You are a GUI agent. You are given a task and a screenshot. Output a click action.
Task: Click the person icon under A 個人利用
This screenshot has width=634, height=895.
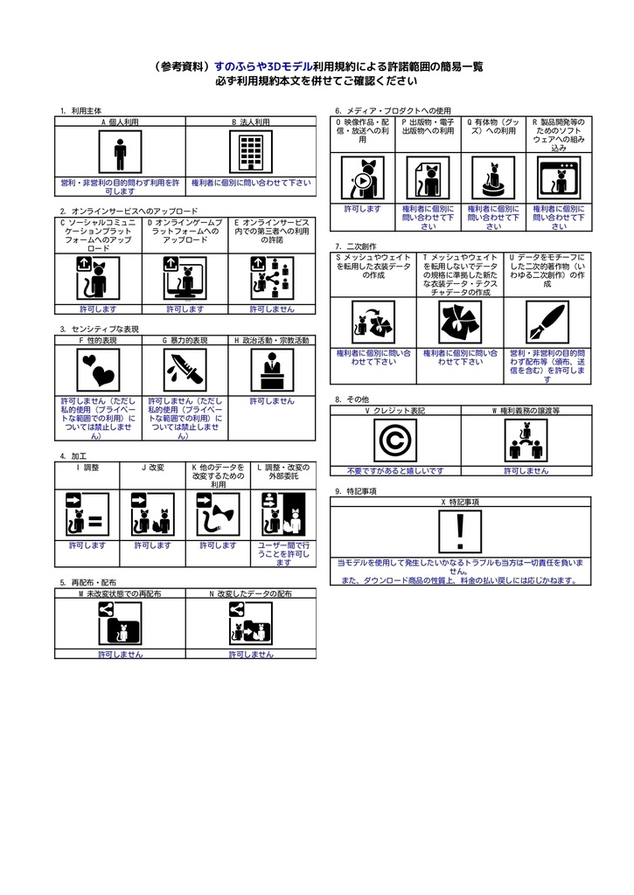tap(120, 154)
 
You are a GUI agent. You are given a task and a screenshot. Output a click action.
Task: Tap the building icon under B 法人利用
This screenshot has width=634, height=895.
tap(250, 154)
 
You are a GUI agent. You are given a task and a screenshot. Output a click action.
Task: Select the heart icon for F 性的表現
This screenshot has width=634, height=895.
tap(97, 371)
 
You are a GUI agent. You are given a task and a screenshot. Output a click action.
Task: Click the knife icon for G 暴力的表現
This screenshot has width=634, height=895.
tap(185, 371)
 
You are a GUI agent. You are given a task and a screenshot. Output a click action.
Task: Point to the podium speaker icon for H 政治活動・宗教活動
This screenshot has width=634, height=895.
tap(271, 371)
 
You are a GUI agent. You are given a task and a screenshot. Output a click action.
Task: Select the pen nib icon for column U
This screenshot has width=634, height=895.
tap(547, 323)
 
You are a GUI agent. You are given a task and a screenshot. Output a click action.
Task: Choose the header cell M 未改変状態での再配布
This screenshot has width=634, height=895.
tap(120, 593)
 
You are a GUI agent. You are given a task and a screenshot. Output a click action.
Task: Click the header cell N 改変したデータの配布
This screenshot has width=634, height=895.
tap(250, 593)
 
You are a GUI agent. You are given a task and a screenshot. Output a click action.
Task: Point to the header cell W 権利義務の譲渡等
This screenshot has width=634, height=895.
tap(526, 410)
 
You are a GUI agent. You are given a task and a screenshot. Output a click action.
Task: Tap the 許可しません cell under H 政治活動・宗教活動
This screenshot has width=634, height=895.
tap(271, 400)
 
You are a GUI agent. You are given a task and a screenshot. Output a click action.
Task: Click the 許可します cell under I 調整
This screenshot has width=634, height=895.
tap(87, 545)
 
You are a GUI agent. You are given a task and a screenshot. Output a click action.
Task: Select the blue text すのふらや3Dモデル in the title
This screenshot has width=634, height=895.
tap(262, 66)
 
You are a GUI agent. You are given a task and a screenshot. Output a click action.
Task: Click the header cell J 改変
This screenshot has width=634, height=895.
tap(152, 468)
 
